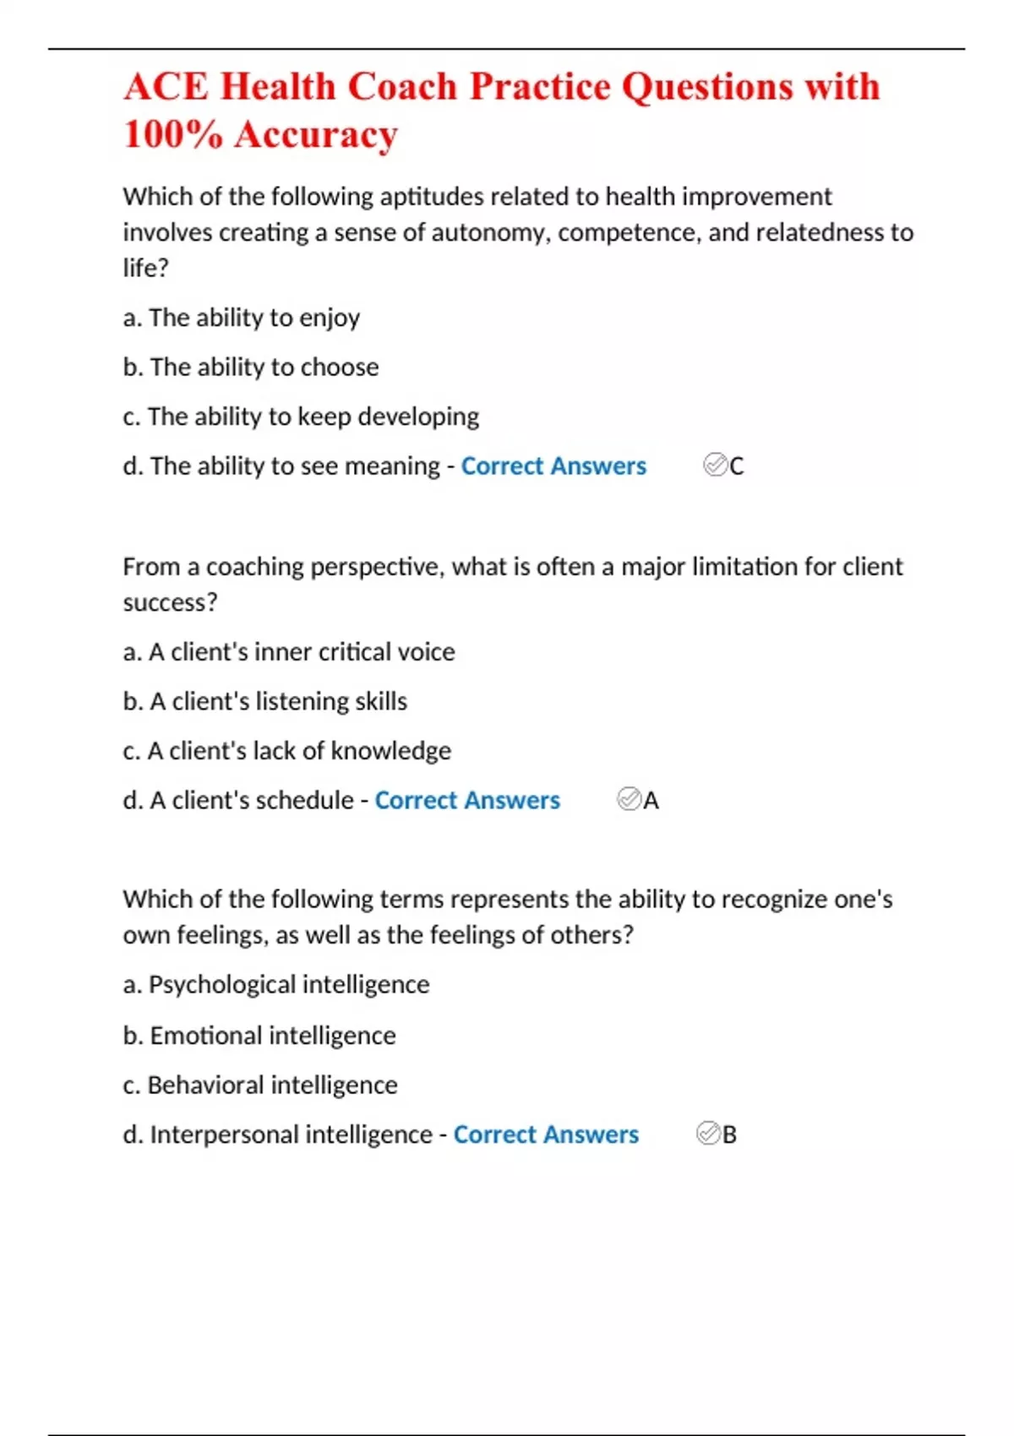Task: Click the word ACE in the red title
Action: pyautogui.click(x=166, y=87)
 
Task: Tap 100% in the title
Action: pyautogui.click(x=172, y=134)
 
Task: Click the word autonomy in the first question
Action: pyautogui.click(x=488, y=232)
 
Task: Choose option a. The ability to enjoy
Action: pyautogui.click(x=242, y=318)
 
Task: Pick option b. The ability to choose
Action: pyautogui.click(x=251, y=367)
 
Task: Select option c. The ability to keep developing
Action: pyautogui.click(x=301, y=416)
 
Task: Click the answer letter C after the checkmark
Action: pyautogui.click(x=737, y=466)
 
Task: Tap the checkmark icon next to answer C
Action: pyautogui.click(x=715, y=465)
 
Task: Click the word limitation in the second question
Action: pyautogui.click(x=744, y=567)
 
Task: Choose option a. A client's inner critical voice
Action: pyautogui.click(x=289, y=652)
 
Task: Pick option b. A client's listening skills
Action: pyautogui.click(x=265, y=701)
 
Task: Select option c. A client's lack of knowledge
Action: pyautogui.click(x=287, y=751)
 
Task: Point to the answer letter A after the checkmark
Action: pyautogui.click(x=651, y=801)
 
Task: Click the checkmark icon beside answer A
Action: pyautogui.click(x=629, y=799)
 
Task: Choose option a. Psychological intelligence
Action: pyautogui.click(x=276, y=985)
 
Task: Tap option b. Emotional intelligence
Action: pyautogui.click(x=259, y=1036)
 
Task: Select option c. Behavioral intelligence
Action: pyautogui.click(x=260, y=1085)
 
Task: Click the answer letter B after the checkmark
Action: pyautogui.click(x=729, y=1134)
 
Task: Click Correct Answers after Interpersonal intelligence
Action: pyautogui.click(x=546, y=1134)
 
